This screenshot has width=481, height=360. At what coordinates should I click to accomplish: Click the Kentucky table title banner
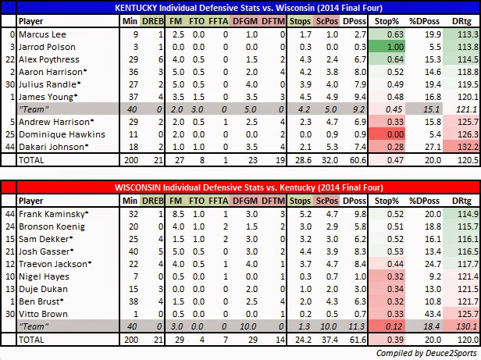tap(248, 8)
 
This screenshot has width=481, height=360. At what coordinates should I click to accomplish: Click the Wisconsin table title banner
tap(248, 187)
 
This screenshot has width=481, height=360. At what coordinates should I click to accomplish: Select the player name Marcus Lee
tap(42, 34)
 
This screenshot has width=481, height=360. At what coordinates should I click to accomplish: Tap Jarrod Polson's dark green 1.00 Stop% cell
tap(387, 47)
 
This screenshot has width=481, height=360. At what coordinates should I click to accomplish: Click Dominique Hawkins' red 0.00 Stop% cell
tap(387, 134)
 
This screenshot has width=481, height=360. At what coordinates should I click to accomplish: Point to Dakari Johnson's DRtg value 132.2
tap(469, 147)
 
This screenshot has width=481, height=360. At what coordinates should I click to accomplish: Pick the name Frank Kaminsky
tap(53, 214)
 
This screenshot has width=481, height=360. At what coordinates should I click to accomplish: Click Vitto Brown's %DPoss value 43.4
tap(433, 314)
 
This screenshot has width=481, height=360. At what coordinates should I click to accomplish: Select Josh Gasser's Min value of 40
tap(134, 251)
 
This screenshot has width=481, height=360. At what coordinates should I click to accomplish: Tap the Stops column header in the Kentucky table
tap(300, 21)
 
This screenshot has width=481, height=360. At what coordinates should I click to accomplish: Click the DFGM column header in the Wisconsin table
tap(245, 201)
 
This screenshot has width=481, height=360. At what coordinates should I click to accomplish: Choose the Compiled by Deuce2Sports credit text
tap(426, 353)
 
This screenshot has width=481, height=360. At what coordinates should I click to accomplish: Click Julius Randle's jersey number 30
tap(10, 84)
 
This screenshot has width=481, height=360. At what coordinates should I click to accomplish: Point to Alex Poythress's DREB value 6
tap(160, 59)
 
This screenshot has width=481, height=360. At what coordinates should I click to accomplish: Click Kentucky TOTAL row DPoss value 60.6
tap(358, 160)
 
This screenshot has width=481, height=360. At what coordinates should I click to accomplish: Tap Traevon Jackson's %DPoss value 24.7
tap(433, 264)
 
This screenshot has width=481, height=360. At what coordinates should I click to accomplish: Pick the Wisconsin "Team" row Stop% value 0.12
tap(394, 326)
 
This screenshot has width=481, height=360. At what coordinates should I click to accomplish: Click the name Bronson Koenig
tap(52, 226)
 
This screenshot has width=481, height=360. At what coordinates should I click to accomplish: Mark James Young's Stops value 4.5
tap(305, 97)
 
